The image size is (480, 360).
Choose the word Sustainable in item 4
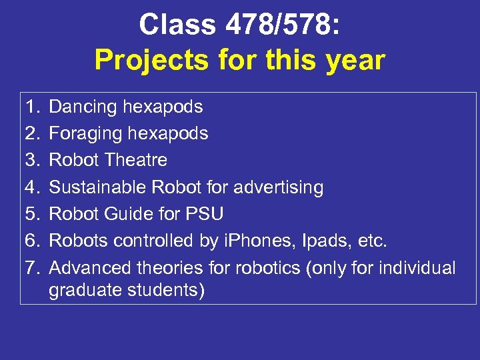[x=98, y=187]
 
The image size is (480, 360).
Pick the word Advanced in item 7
[x=91, y=268]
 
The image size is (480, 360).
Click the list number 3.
[x=33, y=160]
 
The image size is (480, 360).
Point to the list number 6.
[x=33, y=241]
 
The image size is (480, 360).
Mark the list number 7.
[x=33, y=268]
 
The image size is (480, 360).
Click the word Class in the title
[x=178, y=25]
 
